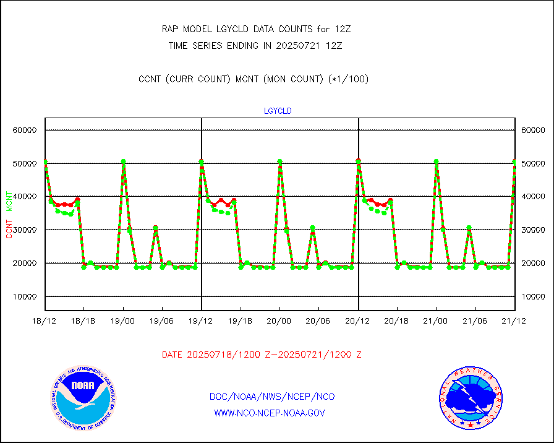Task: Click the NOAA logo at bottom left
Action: pos(83,398)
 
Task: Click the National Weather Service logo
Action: pos(471,398)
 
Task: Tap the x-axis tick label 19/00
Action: pos(123,321)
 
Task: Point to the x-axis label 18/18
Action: pos(84,321)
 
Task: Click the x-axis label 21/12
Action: pos(514,321)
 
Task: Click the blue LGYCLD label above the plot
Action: pos(278,111)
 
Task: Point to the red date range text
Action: pos(262,355)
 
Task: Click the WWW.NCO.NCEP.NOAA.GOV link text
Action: pos(269,413)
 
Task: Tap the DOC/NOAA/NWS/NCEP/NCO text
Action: pos(272,397)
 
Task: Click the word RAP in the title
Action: pos(169,29)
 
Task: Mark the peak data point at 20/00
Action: pos(279,161)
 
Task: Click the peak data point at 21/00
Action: pos(436,161)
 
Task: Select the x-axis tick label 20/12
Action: pos(358,321)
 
